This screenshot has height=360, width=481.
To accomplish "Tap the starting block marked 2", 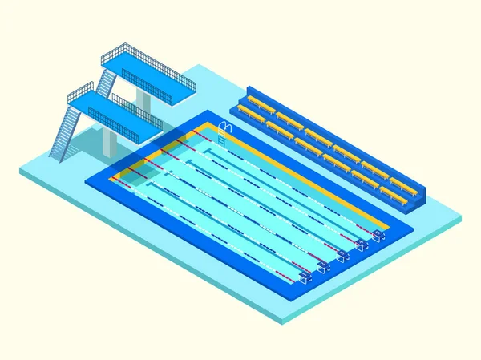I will coord(323,265).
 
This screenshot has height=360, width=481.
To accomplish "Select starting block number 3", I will coord(342,255).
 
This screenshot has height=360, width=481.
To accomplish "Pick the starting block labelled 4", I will coord(362,244).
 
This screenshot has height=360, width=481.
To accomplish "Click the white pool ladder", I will coord(224,133).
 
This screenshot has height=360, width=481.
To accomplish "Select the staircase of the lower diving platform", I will coord(65,131).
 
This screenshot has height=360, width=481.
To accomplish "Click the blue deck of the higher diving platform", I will coord(148,77).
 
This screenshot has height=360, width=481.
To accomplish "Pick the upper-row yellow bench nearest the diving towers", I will coord(257,103).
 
